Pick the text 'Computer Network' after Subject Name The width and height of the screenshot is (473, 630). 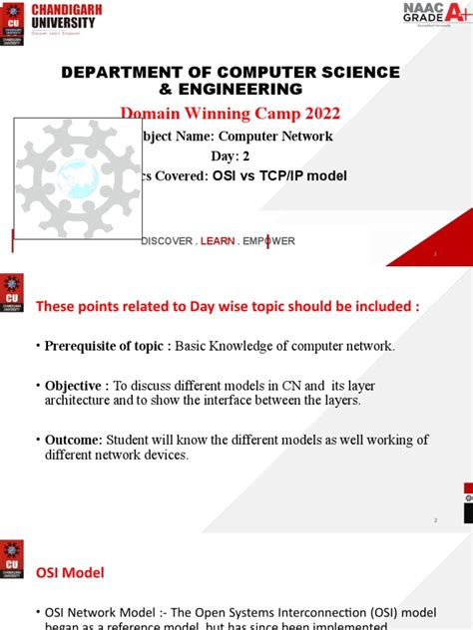click(276, 137)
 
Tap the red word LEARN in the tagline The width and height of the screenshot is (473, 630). click(218, 241)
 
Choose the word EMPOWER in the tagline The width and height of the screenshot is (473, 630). click(268, 241)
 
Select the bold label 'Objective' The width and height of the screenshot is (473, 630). click(78, 385)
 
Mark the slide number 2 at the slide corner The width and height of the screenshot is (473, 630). click(436, 520)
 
